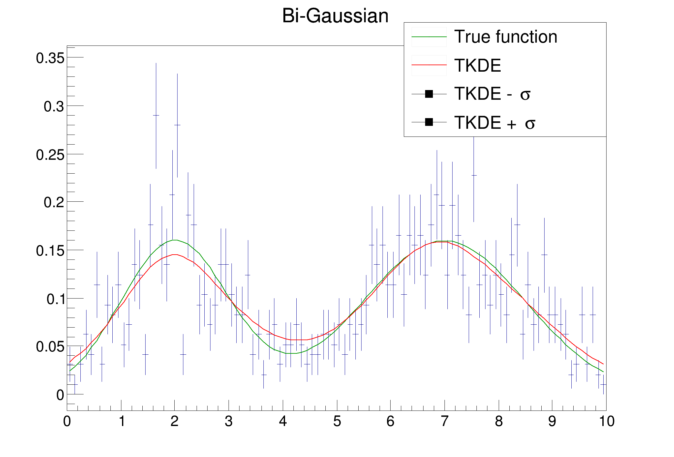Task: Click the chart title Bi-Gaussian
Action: pyautogui.click(x=335, y=15)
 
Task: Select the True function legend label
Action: pyautogui.click(x=505, y=37)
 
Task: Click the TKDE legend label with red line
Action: pyautogui.click(x=477, y=66)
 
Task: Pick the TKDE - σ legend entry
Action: pyautogui.click(x=492, y=94)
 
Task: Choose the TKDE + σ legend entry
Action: pyautogui.click(x=495, y=123)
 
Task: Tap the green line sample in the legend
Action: pyautogui.click(x=429, y=37)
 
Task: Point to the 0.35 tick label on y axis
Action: pyautogui.click(x=50, y=58)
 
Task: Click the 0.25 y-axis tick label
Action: pyautogui.click(x=50, y=155)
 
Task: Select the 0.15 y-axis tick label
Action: pyautogui.click(x=50, y=251)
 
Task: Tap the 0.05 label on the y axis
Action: pyautogui.click(x=50, y=347)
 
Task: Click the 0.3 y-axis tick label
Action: pyautogui.click(x=54, y=107)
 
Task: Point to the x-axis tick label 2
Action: pyautogui.click(x=174, y=421)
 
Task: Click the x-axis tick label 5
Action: pyautogui.click(x=337, y=421)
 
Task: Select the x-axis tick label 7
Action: pyautogui.click(x=444, y=421)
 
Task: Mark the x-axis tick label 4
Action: pyautogui.click(x=283, y=421)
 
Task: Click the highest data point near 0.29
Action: pyautogui.click(x=156, y=115)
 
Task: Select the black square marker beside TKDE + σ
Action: pyautogui.click(x=429, y=122)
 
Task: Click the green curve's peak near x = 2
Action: pyautogui.click(x=175, y=240)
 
